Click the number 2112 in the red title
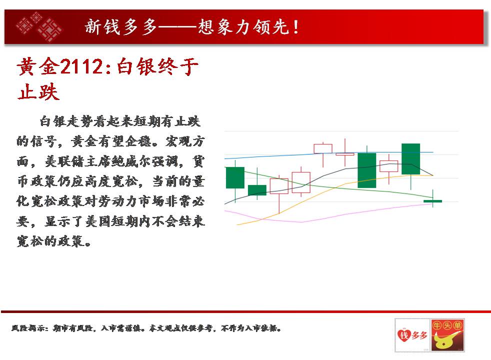(81, 66)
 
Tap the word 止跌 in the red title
(38, 91)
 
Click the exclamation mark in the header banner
(295, 26)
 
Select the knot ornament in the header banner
(38, 26)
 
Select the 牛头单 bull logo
(447, 335)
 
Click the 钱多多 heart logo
(412, 335)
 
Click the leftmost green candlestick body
(235, 177)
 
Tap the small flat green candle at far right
(433, 201)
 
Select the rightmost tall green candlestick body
(411, 159)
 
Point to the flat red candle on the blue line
(345, 154)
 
